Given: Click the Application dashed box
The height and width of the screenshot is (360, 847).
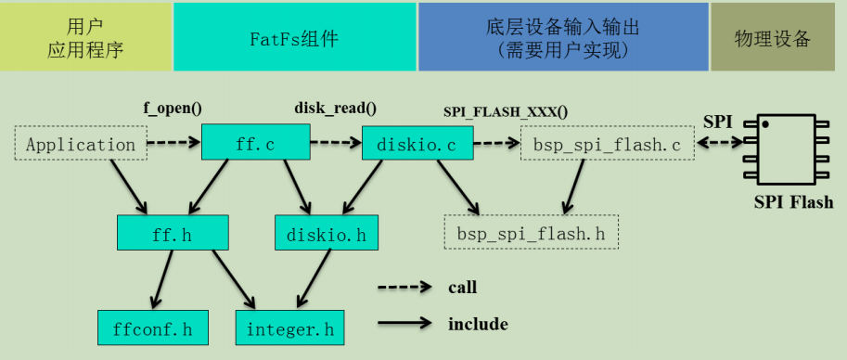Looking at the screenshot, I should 81,144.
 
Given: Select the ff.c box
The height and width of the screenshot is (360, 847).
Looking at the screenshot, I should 255,143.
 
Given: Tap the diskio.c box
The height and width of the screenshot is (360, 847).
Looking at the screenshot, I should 417,144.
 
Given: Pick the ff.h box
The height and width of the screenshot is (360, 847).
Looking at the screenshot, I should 173,233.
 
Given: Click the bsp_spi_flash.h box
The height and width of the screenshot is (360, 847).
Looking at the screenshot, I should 532,232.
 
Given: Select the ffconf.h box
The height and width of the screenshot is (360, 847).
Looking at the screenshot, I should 153,328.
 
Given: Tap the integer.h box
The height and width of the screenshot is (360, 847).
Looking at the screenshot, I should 289,328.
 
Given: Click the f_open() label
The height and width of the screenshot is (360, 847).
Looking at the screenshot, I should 171,108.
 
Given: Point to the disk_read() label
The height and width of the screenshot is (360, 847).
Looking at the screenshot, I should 335,108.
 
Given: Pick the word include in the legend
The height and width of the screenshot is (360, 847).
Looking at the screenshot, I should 478,324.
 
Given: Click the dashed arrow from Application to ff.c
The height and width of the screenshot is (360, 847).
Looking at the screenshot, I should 173,143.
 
